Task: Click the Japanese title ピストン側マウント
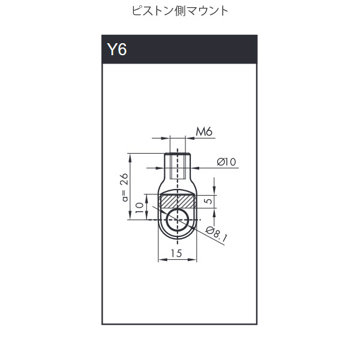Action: tap(180, 11)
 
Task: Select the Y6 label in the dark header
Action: tap(117, 49)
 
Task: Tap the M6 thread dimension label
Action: tap(204, 131)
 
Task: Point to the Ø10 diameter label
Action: tap(226, 162)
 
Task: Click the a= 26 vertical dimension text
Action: tap(125, 187)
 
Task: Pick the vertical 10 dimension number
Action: tap(140, 208)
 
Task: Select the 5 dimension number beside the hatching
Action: tap(209, 201)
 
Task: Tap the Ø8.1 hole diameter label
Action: tap(217, 234)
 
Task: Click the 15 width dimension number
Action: tap(176, 253)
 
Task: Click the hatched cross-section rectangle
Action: tap(177, 202)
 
